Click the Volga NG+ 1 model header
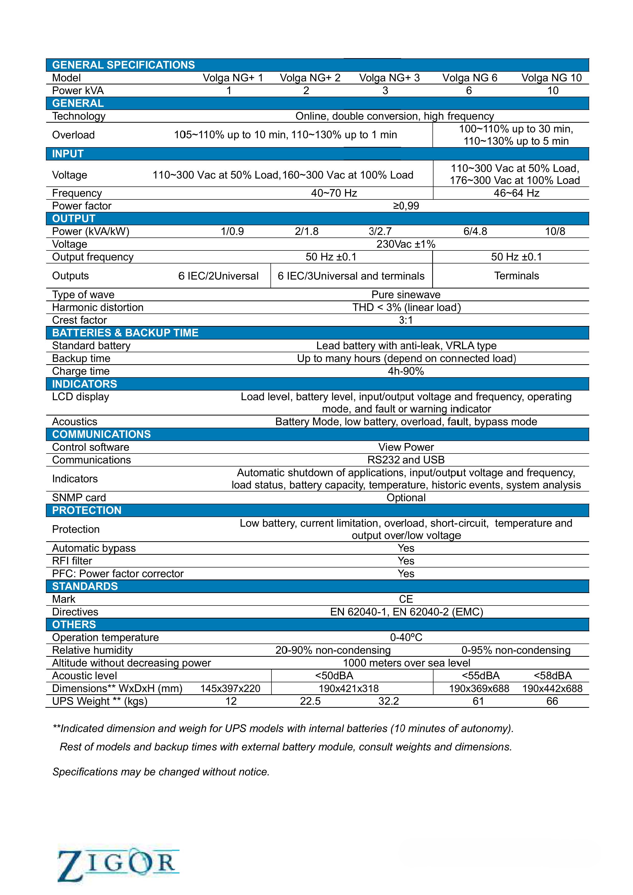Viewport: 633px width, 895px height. coord(233,78)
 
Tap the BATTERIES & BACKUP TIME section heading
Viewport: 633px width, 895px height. coord(125,333)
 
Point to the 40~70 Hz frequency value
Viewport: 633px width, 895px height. coord(334,193)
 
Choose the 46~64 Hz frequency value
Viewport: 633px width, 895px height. coord(516,193)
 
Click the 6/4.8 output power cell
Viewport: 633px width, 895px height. coord(475,232)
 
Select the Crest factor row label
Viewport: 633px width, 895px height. coord(80,320)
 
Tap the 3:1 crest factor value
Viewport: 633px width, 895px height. coord(406,320)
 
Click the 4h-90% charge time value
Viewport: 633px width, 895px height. coord(406,371)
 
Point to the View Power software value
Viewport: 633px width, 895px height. coord(406,447)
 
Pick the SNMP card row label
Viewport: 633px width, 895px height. coord(79,498)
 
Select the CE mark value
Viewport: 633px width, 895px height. coord(406,599)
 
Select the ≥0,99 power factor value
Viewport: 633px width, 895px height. coord(406,206)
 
